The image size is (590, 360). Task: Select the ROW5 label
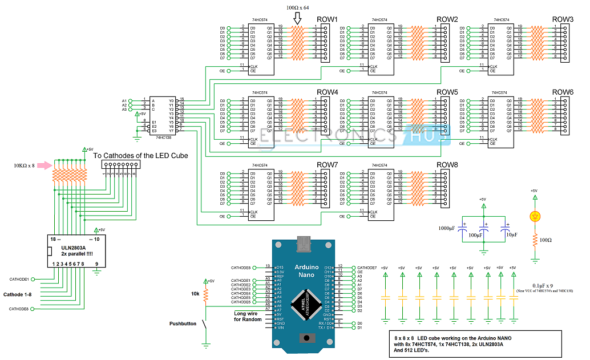(447, 92)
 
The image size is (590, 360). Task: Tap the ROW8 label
(447, 165)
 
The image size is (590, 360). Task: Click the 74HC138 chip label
(164, 137)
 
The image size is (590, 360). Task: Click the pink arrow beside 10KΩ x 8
(45, 166)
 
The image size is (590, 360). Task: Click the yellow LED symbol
(535, 216)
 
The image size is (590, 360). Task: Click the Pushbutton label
(183, 323)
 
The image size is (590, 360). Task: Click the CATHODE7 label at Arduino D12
(367, 267)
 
